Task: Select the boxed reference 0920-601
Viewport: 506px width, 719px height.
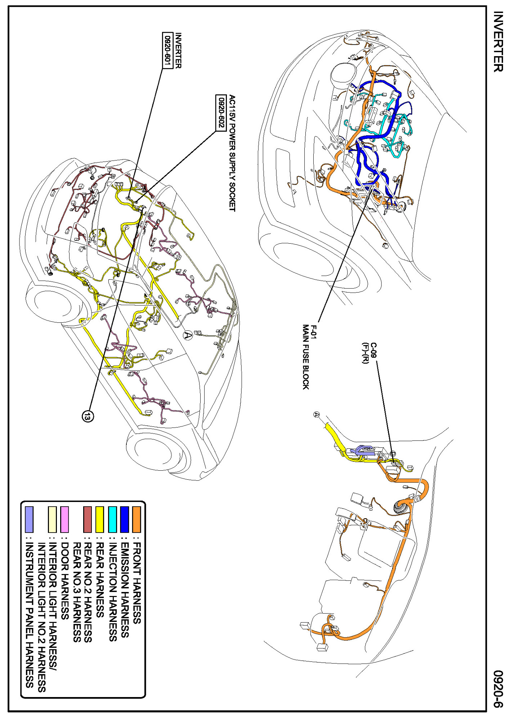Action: pyautogui.click(x=167, y=50)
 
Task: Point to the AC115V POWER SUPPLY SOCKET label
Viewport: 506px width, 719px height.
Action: pyautogui.click(x=232, y=153)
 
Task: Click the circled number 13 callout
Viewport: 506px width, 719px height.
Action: pyautogui.click(x=88, y=416)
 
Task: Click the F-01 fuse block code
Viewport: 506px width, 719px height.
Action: pyautogui.click(x=314, y=332)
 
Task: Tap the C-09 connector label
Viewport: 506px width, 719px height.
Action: pyautogui.click(x=373, y=350)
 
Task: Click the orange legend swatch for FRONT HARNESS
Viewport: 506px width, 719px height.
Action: pyautogui.click(x=136, y=519)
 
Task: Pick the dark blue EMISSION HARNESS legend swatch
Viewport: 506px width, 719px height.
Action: pyautogui.click(x=125, y=519)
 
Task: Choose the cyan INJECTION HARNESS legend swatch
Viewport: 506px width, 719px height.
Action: pyautogui.click(x=112, y=519)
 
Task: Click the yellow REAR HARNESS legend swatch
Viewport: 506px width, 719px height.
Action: pyautogui.click(x=100, y=519)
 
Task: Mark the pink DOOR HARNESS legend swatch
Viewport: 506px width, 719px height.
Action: pyautogui.click(x=64, y=519)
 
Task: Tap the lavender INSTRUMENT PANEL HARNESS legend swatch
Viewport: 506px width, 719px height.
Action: pyautogui.click(x=29, y=519)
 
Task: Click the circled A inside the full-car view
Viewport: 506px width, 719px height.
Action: pyautogui.click(x=188, y=335)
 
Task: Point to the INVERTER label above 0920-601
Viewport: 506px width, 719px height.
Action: pyautogui.click(x=178, y=50)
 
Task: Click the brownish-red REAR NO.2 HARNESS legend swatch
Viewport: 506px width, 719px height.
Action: pyautogui.click(x=88, y=519)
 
